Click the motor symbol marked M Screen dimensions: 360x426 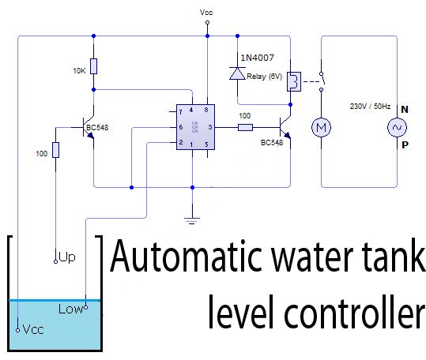[x=321, y=126]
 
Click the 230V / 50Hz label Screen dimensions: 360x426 [x=371, y=105]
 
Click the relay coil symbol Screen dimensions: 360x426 [x=292, y=81]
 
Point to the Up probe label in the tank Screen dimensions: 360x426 [x=67, y=258]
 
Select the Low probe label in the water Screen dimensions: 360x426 [x=70, y=309]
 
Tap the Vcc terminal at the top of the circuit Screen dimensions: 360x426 [x=207, y=23]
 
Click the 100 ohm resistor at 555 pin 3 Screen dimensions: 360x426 [x=245, y=126]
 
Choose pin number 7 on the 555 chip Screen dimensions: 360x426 [x=181, y=112]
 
